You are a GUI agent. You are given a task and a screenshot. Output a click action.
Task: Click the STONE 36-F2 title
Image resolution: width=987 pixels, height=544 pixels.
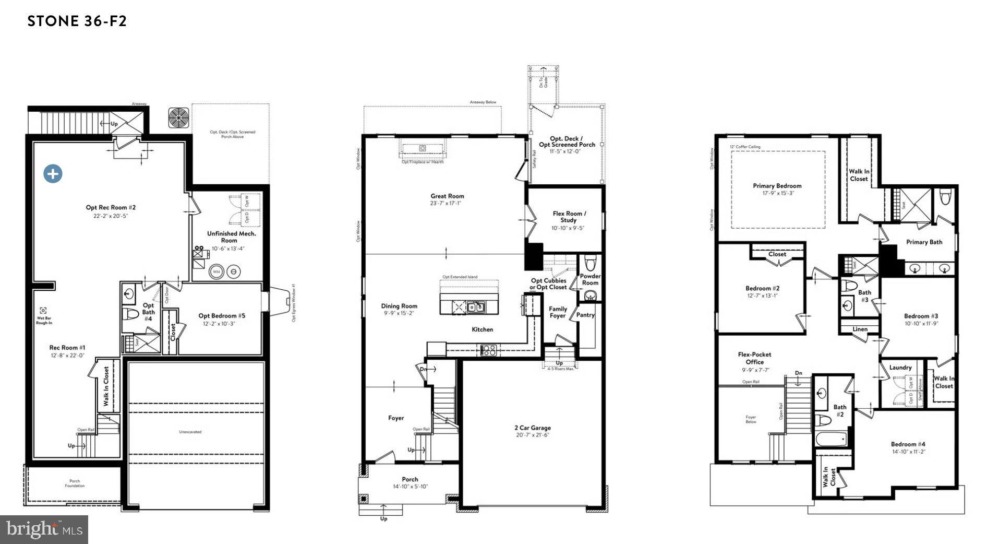(77, 21)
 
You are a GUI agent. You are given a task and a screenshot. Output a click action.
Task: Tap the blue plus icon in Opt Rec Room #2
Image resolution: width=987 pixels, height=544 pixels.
(53, 174)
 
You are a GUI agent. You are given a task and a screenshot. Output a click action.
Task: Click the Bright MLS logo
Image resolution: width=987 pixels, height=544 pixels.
(44, 529)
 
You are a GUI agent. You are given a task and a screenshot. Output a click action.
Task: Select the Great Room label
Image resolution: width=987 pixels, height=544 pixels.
(447, 196)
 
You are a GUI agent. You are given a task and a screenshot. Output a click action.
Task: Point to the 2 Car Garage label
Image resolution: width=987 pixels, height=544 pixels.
(532, 428)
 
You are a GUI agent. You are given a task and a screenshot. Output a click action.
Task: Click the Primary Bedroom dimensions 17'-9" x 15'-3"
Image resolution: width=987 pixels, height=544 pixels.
(777, 193)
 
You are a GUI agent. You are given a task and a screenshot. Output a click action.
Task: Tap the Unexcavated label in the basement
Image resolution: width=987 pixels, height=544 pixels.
(190, 432)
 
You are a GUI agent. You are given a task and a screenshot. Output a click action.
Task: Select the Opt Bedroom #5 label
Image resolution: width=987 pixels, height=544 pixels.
(222, 315)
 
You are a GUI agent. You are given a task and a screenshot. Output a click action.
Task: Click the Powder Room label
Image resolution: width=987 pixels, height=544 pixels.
(590, 279)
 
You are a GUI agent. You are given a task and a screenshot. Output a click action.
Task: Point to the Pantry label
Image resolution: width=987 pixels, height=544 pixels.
(585, 315)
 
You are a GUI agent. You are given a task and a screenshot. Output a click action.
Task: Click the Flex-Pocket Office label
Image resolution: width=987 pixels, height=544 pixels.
(754, 358)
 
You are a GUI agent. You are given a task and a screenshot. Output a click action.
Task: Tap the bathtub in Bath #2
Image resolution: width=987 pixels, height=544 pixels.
(832, 439)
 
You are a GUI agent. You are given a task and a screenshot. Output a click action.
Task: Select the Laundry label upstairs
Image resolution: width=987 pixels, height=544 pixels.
(900, 368)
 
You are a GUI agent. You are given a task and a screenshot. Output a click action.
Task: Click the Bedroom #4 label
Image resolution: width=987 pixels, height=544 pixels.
(908, 444)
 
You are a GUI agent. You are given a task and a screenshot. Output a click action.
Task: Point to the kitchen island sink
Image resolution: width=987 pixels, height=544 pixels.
(475, 307)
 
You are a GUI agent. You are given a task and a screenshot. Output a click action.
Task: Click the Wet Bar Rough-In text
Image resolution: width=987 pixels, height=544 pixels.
(44, 320)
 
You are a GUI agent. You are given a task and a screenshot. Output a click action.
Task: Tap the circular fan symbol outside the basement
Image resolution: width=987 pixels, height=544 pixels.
(179, 117)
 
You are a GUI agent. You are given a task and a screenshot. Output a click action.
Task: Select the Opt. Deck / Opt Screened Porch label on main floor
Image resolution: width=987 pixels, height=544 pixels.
(567, 141)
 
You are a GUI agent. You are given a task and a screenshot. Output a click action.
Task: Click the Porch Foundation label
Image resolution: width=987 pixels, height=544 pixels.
(75, 483)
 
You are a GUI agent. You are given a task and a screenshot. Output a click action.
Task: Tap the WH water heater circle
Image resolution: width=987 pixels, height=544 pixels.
(216, 271)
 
